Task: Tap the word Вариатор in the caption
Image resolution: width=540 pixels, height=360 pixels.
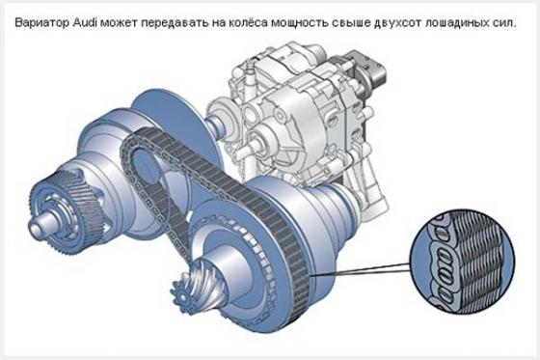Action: (x=42, y=23)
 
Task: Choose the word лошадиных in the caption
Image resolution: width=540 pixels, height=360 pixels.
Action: (x=458, y=23)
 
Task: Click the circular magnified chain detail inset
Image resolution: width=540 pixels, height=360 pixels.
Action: (x=462, y=263)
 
